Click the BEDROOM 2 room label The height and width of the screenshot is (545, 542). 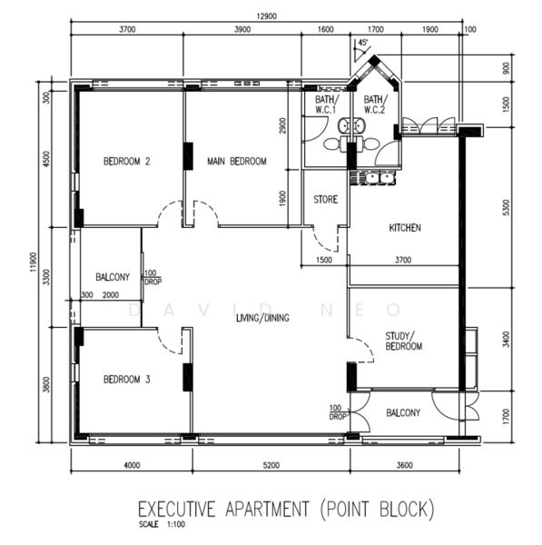click(127, 162)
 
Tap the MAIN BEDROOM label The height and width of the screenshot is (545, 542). click(237, 162)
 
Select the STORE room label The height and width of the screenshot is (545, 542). click(326, 200)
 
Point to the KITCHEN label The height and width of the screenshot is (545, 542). click(405, 228)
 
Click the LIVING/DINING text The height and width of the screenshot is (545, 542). click(262, 318)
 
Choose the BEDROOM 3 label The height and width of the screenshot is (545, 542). click(127, 379)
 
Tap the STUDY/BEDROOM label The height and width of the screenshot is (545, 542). click(404, 342)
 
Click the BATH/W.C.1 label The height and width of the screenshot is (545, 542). click(326, 104)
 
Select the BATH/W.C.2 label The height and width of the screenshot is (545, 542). click(375, 104)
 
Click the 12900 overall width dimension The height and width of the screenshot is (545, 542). click(267, 16)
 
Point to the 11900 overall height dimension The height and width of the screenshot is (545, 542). click(34, 262)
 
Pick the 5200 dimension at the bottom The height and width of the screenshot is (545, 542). click(271, 465)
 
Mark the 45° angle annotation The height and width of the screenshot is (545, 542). click(363, 43)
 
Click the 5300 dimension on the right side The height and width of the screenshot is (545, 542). click(507, 207)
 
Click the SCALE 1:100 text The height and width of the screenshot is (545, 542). click(162, 524)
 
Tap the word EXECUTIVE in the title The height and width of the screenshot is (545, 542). click(177, 510)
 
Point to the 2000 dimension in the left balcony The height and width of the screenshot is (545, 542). click(111, 295)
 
